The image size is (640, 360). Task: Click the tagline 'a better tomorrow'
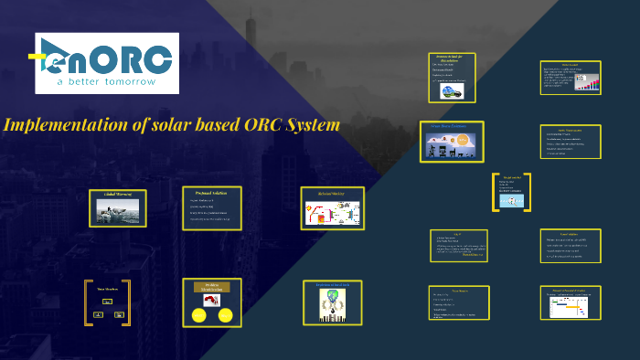tap(106, 81)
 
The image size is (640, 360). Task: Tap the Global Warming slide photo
tap(118, 211)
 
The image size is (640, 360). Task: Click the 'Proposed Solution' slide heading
tap(211, 193)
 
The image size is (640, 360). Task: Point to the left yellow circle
tap(198, 316)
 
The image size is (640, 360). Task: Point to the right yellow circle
tap(225, 316)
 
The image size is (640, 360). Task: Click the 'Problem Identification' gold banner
tap(211, 287)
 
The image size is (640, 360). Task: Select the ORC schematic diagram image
tap(333, 213)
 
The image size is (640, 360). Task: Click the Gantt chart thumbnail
tap(572, 306)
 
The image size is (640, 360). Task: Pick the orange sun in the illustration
tap(463, 140)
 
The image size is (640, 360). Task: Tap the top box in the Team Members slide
tap(107, 301)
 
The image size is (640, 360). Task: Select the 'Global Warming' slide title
tap(117, 194)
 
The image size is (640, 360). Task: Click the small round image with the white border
tap(451, 90)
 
